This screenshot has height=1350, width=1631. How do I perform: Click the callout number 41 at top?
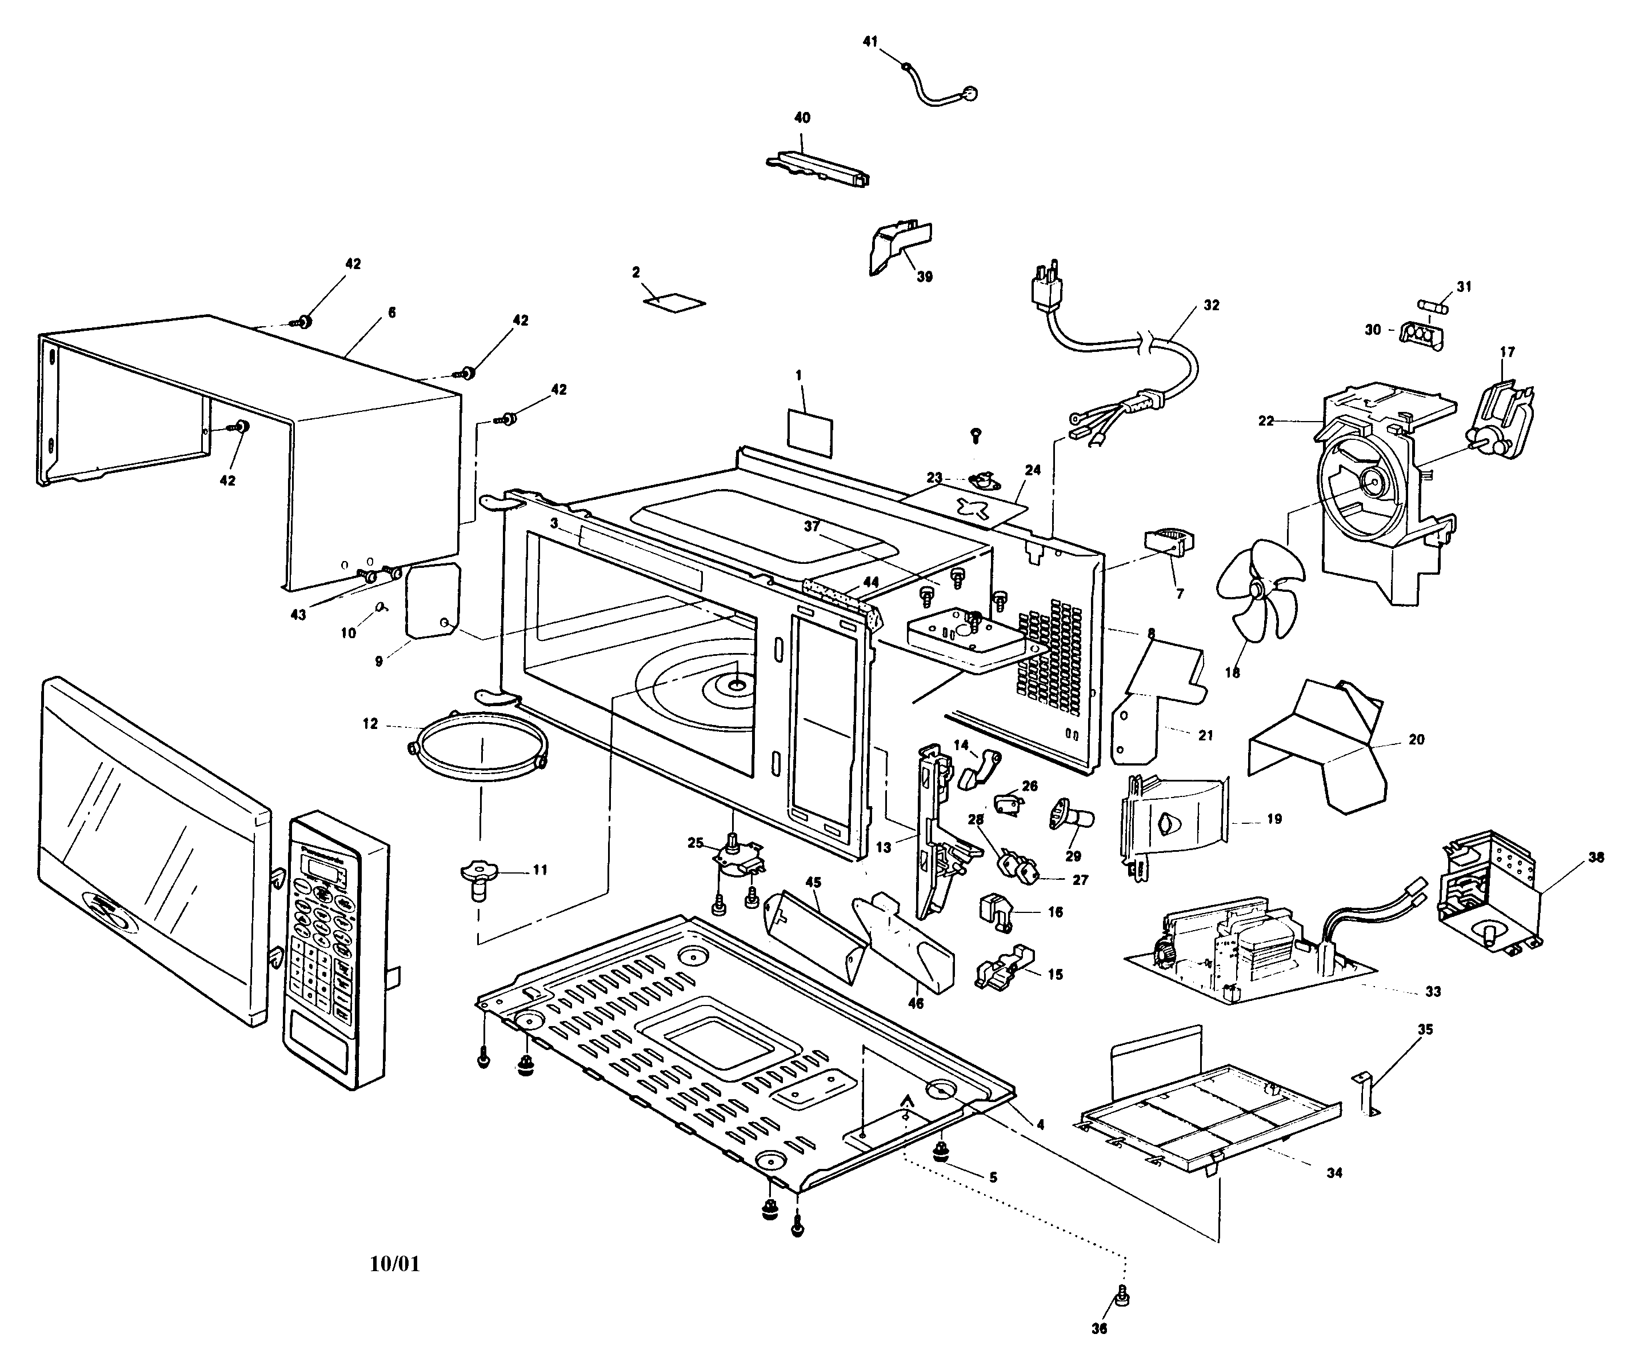pos(870,41)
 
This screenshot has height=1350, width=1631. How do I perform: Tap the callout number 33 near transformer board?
pos(1433,991)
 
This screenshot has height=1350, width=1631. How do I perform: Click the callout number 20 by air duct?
pos(1417,740)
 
